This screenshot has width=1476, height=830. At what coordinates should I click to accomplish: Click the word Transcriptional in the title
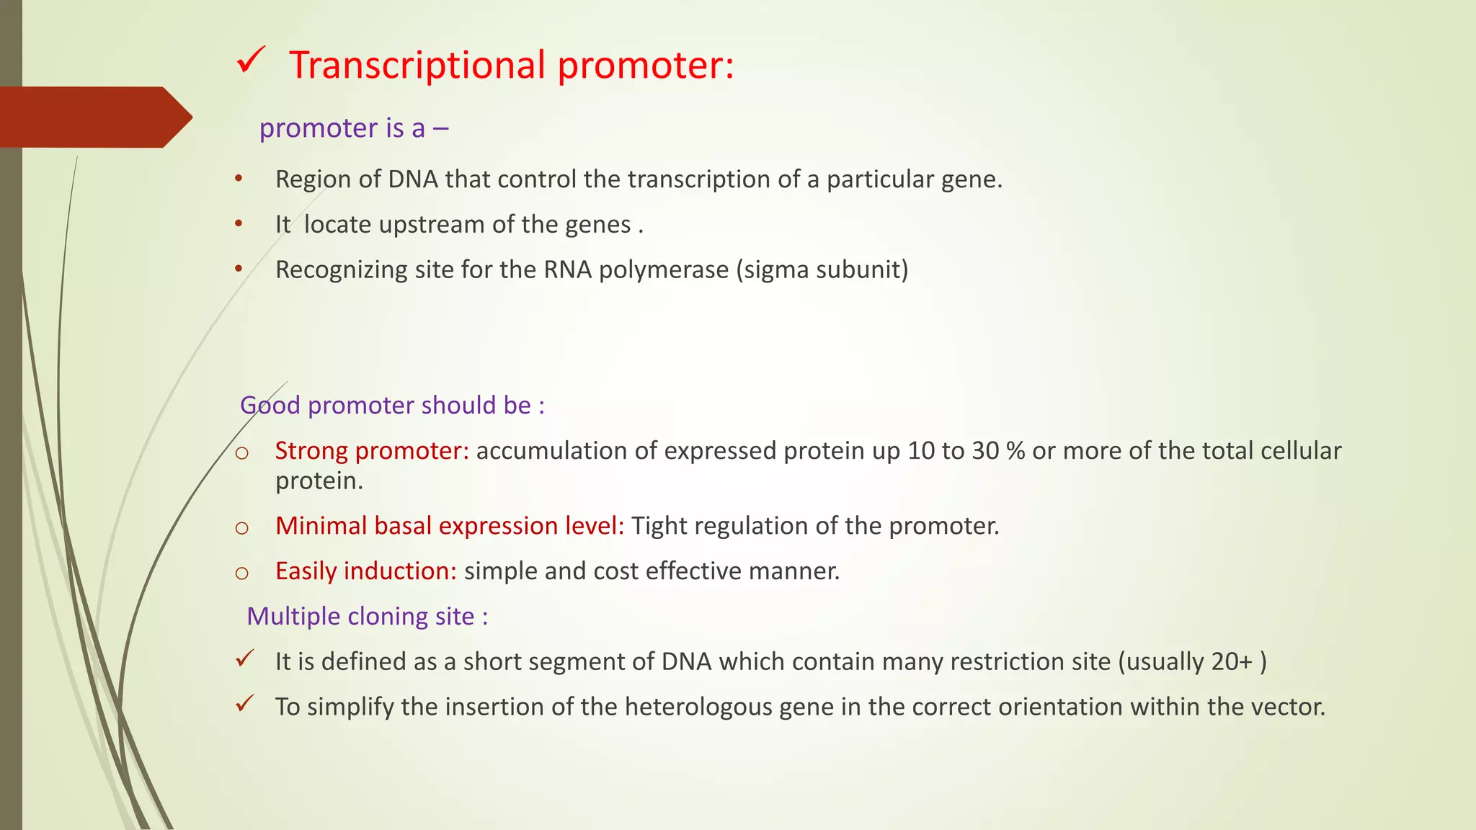coord(417,66)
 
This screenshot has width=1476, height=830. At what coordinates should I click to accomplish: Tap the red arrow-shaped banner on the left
coord(94,117)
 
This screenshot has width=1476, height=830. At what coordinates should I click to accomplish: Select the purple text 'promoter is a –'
coord(353,128)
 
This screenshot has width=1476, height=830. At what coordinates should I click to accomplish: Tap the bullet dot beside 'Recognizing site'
coord(239,269)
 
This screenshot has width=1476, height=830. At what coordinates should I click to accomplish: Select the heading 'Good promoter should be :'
coord(392,406)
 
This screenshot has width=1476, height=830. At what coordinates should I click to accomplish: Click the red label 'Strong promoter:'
coord(372,451)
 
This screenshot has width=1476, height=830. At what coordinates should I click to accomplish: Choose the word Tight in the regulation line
coord(659,526)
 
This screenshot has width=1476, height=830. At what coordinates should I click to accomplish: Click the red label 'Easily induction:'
coord(365,571)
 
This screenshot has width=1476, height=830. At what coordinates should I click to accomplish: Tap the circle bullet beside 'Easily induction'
coord(242,574)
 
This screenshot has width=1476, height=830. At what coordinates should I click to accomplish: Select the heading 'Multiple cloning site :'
coord(367,617)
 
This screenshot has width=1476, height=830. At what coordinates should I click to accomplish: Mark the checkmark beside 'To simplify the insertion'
coord(245,703)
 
